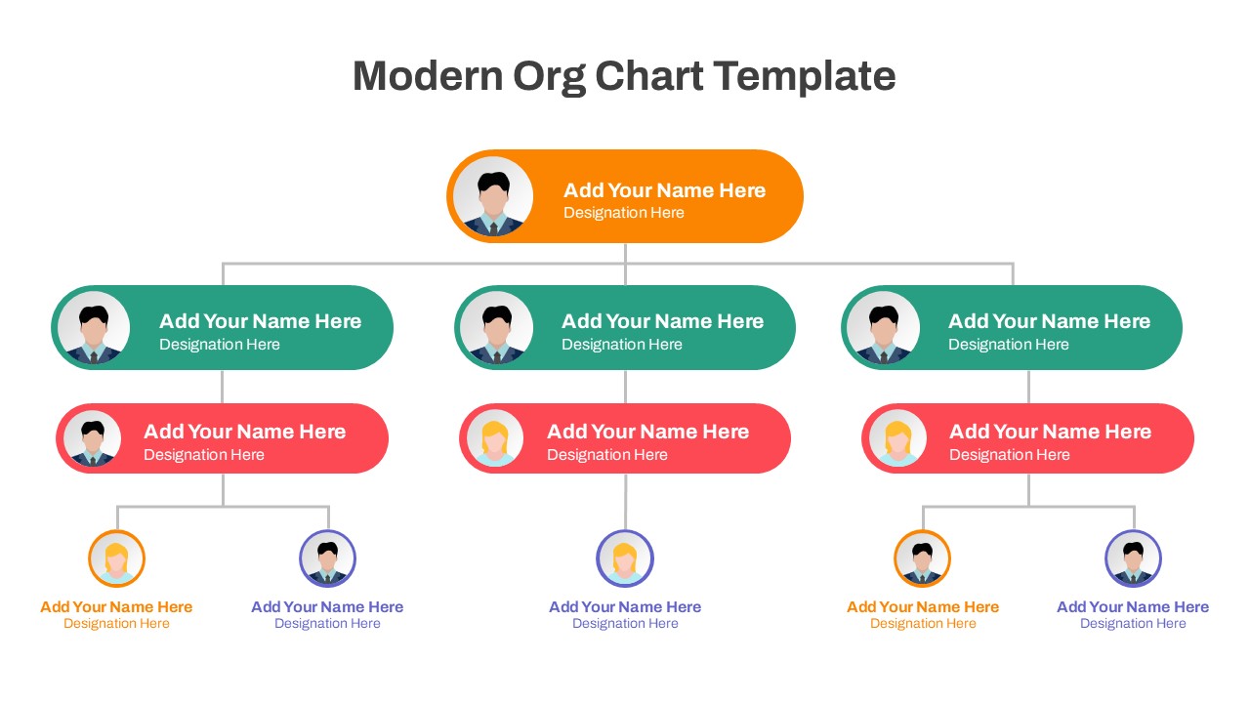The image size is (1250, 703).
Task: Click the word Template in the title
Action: [804, 76]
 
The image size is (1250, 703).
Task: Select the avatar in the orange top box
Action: [493, 197]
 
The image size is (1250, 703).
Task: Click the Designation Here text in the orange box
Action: [623, 213]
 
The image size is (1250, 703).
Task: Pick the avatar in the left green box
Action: [94, 328]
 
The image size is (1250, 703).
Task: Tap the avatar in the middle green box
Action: [496, 328]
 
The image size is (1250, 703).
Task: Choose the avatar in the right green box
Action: [883, 328]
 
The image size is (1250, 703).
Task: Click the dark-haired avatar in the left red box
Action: [93, 439]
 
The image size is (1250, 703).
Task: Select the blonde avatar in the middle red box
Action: [495, 439]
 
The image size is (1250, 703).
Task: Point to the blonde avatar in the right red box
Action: [897, 439]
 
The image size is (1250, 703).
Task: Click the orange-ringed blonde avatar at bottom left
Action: [116, 558]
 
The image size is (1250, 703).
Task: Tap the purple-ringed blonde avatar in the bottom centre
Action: [625, 558]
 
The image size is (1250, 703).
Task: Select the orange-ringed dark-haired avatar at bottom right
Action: [922, 558]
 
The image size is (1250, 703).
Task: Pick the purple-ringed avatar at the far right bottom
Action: [1133, 558]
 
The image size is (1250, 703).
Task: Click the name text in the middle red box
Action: [647, 432]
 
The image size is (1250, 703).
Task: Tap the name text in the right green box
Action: [1049, 321]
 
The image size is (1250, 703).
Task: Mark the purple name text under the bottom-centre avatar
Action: [625, 606]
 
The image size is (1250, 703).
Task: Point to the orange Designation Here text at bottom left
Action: [116, 624]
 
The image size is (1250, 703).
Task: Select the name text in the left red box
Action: [244, 432]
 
